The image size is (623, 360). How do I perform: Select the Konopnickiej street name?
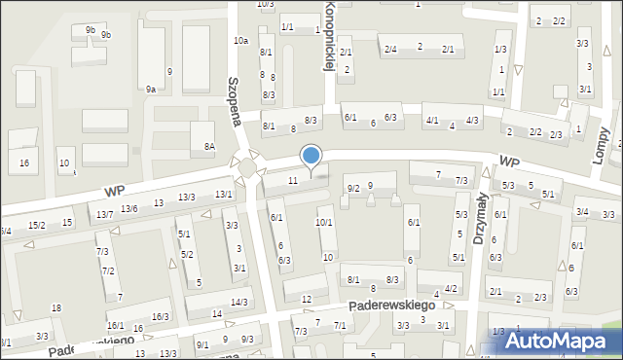pyautogui.click(x=329, y=37)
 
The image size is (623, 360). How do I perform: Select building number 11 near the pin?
pyautogui.click(x=293, y=181)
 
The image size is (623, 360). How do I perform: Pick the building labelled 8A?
pyautogui.click(x=208, y=146)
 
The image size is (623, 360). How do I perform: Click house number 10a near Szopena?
pyautogui.click(x=240, y=40)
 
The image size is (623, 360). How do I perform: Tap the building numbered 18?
pyautogui.click(x=56, y=308)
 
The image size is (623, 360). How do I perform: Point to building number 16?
pyautogui.click(x=24, y=162)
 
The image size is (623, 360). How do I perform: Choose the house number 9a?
pyautogui.click(x=151, y=89)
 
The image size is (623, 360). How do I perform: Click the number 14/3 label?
pyautogui.click(x=238, y=303)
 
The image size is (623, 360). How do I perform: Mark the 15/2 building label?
pyautogui.click(x=37, y=226)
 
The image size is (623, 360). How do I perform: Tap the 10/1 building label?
pyautogui.click(x=324, y=223)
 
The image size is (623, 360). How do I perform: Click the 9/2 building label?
pyautogui.click(x=353, y=188)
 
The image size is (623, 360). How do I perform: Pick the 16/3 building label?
pyautogui.click(x=161, y=317)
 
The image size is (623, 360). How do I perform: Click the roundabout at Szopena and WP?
pyautogui.click(x=247, y=168)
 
